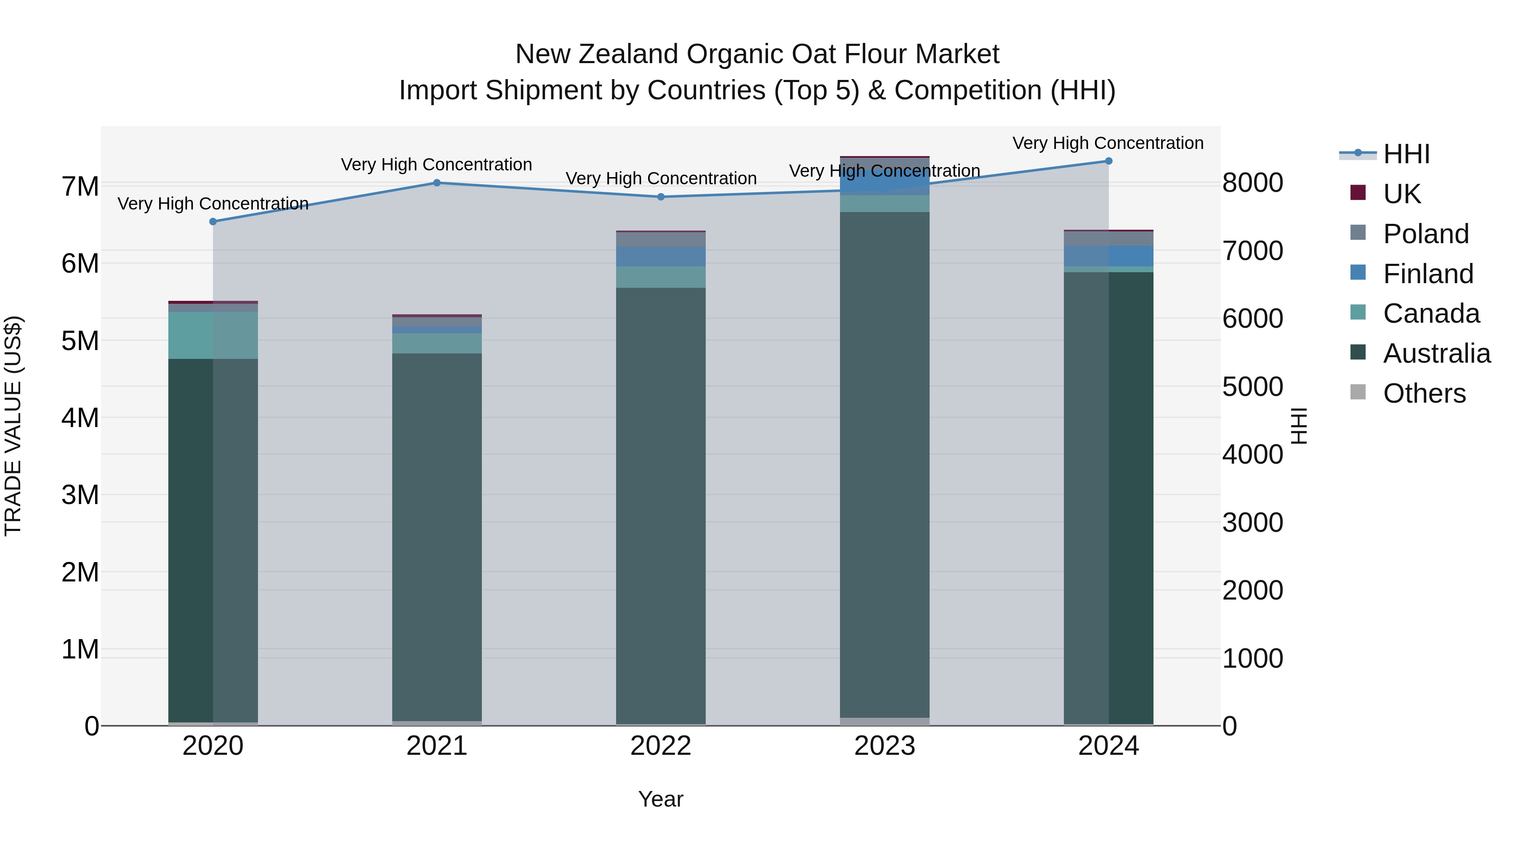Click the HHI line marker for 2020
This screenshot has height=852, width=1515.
[213, 222]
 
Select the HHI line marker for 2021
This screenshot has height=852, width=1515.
[437, 183]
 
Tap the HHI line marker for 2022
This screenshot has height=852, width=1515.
[660, 197]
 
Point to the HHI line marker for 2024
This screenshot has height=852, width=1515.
[1108, 161]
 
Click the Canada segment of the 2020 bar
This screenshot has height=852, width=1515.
[213, 335]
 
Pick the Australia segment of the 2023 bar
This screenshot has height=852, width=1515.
[885, 464]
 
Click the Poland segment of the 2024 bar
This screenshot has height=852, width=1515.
[1108, 239]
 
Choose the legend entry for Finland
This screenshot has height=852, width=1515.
[1427, 274]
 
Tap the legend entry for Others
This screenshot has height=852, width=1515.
[1424, 393]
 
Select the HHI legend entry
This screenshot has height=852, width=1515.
[1406, 154]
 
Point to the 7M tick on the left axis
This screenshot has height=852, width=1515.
[80, 186]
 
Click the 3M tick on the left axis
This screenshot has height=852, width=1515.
[80, 495]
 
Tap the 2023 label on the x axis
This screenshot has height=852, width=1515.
[885, 746]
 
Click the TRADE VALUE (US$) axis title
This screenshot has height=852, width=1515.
[13, 426]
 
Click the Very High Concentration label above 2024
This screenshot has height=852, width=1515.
[1108, 143]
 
